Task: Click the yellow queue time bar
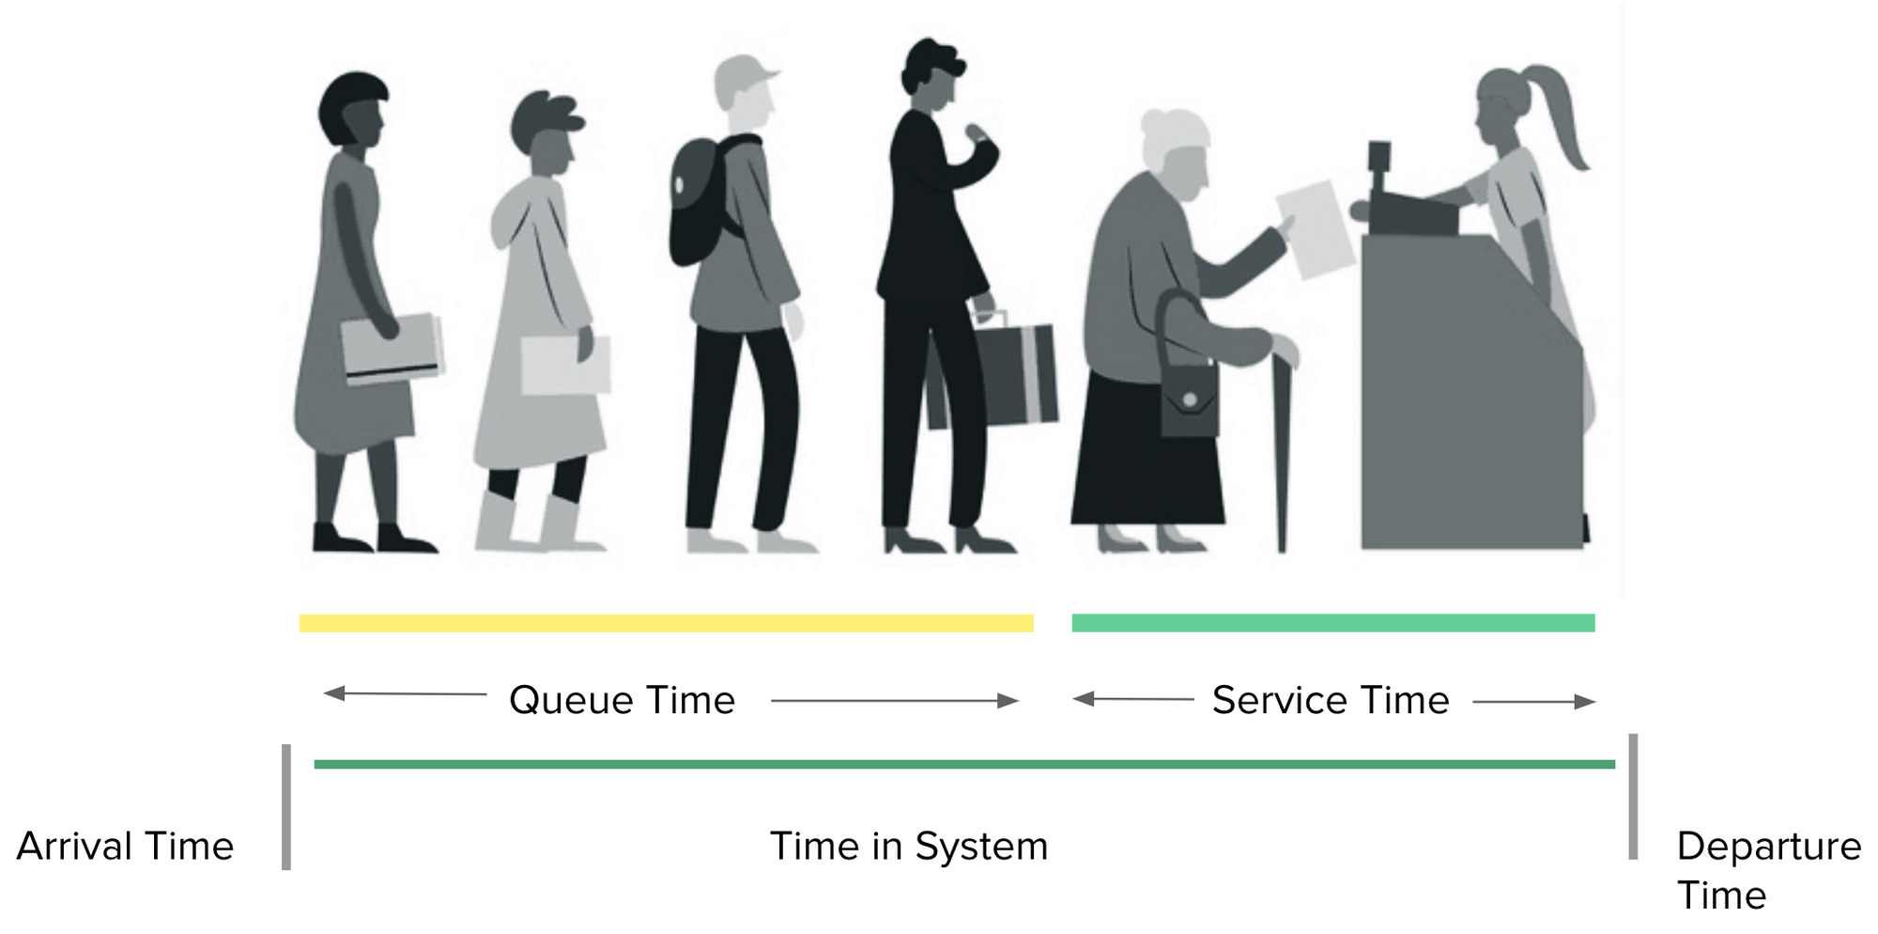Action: click(x=666, y=623)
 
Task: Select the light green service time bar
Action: click(x=1332, y=622)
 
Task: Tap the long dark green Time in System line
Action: click(x=964, y=765)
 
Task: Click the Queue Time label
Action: click(x=622, y=701)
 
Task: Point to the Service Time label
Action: click(x=1331, y=701)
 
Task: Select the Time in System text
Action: click(x=908, y=847)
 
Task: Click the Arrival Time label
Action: click(x=125, y=847)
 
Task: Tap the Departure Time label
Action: click(x=1768, y=870)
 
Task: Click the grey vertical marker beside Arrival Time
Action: click(x=286, y=807)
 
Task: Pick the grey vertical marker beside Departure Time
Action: click(x=1633, y=797)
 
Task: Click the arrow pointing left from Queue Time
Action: click(x=404, y=694)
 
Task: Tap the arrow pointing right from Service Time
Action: click(x=1534, y=702)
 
